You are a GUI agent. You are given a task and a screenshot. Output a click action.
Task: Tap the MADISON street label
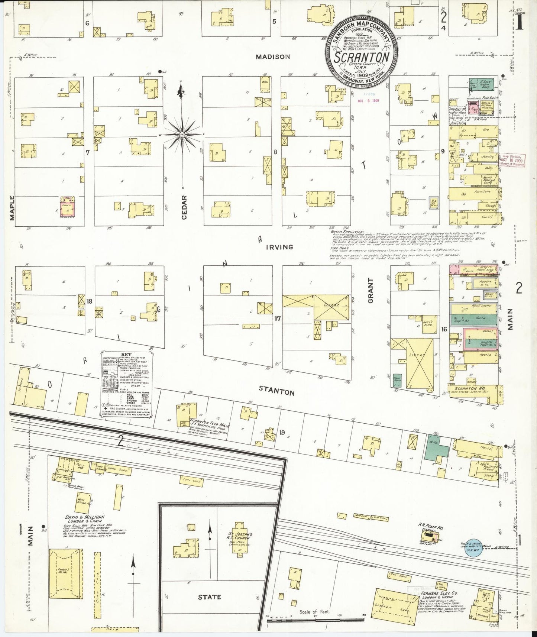coord(272,57)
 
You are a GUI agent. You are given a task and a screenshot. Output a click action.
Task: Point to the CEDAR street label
coord(184,207)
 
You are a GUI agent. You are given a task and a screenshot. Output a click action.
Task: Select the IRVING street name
coord(279,247)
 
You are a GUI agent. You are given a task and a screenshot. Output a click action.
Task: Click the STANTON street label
coord(276,390)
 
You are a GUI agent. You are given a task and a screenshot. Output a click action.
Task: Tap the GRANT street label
coord(371,291)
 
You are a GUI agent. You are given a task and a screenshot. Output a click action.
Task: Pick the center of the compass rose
coord(182,134)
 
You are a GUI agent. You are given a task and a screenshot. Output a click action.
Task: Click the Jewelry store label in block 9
coord(488,156)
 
